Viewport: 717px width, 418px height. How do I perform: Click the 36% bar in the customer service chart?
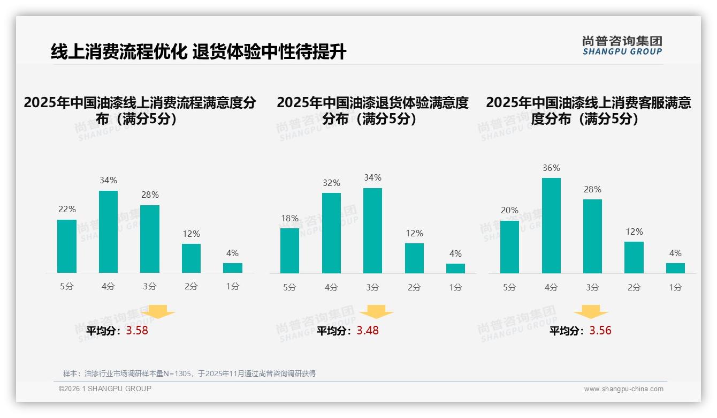(x=551, y=226)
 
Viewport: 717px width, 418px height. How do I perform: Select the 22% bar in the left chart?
(x=67, y=247)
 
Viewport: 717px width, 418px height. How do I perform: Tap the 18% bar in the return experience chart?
(x=289, y=251)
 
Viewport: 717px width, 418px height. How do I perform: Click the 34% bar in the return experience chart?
(x=372, y=230)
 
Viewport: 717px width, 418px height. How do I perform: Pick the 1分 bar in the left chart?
(x=233, y=268)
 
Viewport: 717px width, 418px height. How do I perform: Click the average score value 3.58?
(x=137, y=331)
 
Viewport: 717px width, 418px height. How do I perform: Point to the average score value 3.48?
(x=368, y=331)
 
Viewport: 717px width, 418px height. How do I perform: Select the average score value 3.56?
(x=600, y=331)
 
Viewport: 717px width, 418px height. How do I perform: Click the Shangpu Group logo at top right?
(x=622, y=46)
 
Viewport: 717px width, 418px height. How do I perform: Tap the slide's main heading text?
(x=199, y=52)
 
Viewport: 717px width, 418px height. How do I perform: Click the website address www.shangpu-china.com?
(x=623, y=389)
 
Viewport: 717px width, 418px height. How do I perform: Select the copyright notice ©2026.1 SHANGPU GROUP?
(x=105, y=389)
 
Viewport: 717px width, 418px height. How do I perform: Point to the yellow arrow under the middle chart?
(x=376, y=312)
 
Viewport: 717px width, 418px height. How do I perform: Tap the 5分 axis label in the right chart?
(x=509, y=288)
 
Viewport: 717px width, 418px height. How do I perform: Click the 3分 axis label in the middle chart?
(x=372, y=288)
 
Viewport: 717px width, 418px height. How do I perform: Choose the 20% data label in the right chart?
(x=509, y=211)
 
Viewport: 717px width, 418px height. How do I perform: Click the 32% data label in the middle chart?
(x=331, y=183)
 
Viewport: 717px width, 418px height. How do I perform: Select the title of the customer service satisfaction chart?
(x=588, y=111)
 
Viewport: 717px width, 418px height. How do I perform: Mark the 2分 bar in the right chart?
(x=634, y=258)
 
